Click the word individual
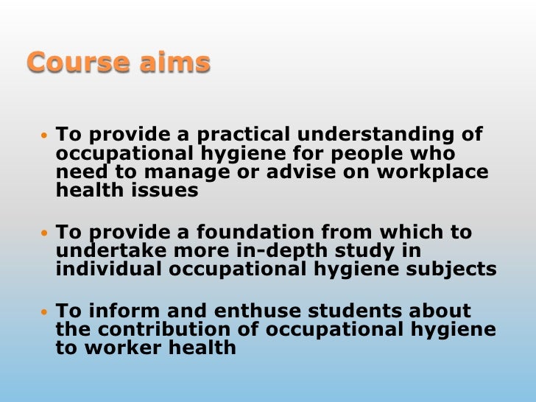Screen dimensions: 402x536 click(110, 269)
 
